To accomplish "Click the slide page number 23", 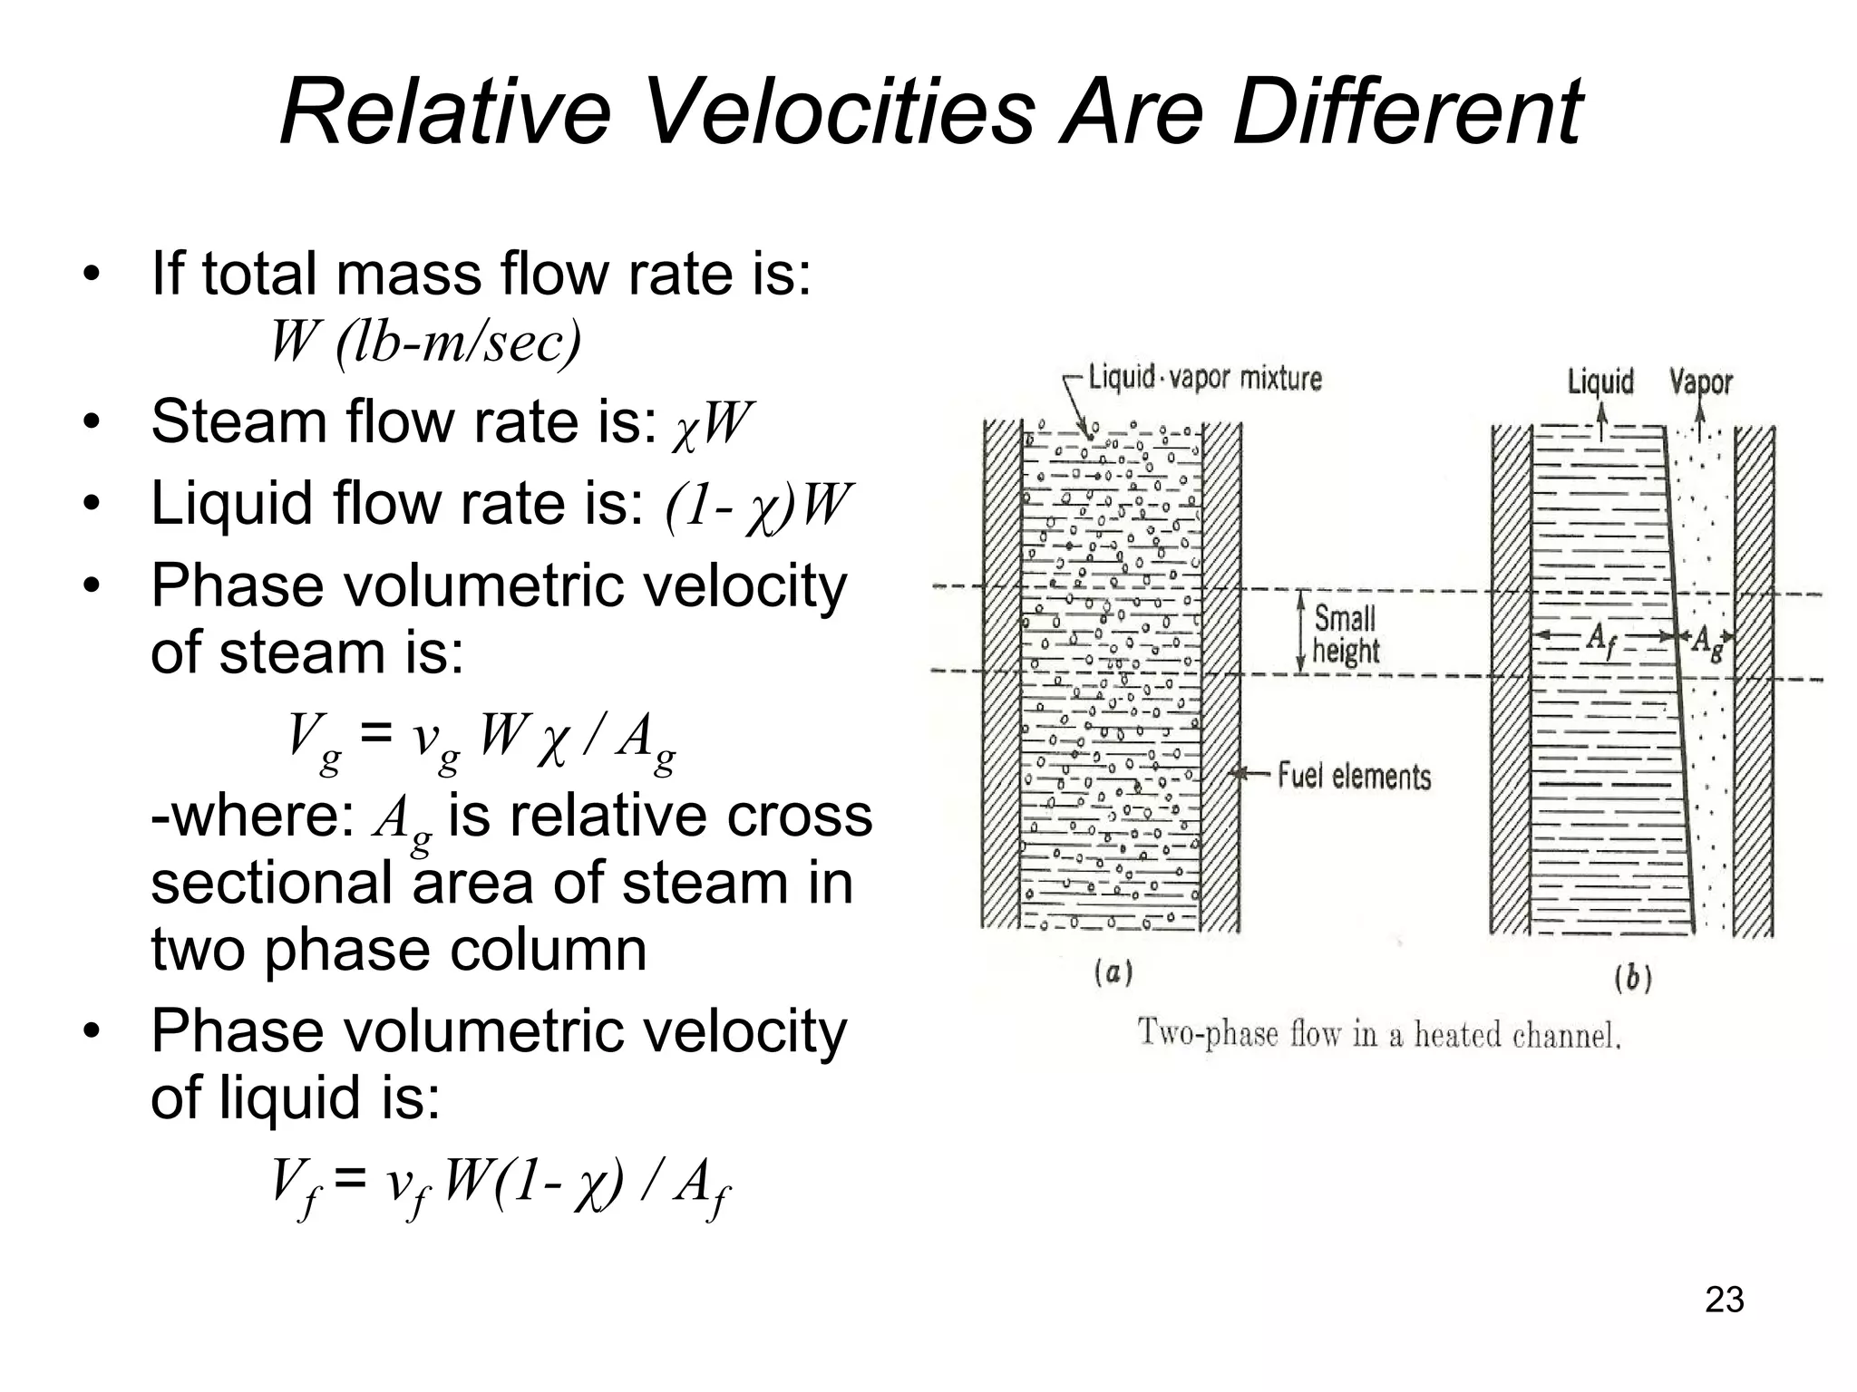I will click(x=1724, y=1300).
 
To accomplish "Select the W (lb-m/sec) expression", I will click(x=425, y=342).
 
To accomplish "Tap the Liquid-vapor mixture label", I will click(x=1205, y=377).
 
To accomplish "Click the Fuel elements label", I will click(x=1354, y=776).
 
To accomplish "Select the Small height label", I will click(x=1346, y=634).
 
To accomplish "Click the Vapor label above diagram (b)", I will click(x=1700, y=382).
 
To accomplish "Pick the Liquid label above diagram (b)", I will click(x=1600, y=382).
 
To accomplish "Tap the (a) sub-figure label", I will click(x=1113, y=973).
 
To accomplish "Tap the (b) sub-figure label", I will click(x=1632, y=979).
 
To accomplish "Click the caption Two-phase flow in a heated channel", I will click(x=1378, y=1034).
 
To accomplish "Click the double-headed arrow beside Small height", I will click(x=1301, y=632).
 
